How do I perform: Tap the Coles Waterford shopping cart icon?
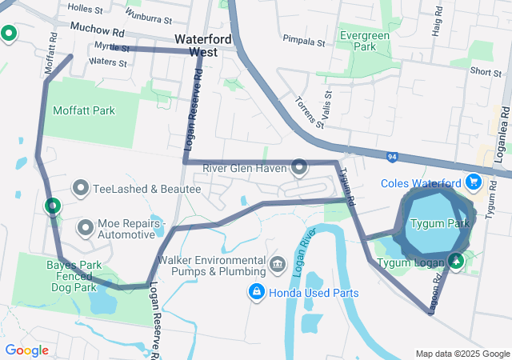[473, 182]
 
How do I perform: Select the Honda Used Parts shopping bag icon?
[256, 293]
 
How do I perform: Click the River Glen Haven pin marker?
[299, 167]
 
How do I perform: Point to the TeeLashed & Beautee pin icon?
[81, 189]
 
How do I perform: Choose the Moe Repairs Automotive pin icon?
[85, 228]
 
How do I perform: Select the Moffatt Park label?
[83, 110]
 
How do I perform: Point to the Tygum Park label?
[439, 223]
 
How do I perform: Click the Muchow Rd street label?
[98, 32]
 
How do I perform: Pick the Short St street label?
[486, 72]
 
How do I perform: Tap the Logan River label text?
[301, 256]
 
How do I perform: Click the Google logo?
[26, 350]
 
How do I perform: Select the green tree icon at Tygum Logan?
[456, 260]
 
